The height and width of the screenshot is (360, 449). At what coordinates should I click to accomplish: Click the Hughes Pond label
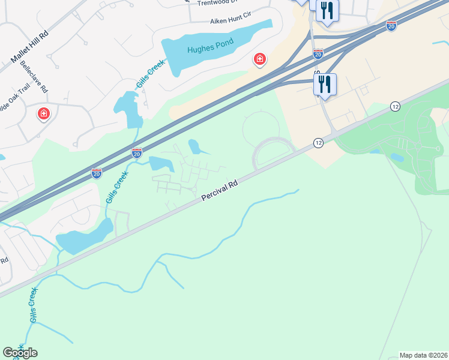[205, 50]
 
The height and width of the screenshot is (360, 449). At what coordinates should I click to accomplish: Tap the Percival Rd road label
[220, 189]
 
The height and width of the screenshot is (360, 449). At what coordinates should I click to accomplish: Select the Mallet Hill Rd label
[30, 46]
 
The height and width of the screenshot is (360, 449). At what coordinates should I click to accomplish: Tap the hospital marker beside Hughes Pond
[260, 59]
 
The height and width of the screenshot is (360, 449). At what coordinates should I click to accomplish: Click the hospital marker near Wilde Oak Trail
[43, 113]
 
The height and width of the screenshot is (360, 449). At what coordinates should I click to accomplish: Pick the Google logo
[20, 352]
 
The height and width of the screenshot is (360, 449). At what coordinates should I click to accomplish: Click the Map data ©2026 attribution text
[424, 355]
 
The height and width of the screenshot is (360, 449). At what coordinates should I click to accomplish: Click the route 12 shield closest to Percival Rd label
[318, 142]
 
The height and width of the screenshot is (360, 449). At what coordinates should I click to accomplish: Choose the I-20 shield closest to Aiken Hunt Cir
[318, 54]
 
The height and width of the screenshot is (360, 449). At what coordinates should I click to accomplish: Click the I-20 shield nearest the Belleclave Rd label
[96, 173]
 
